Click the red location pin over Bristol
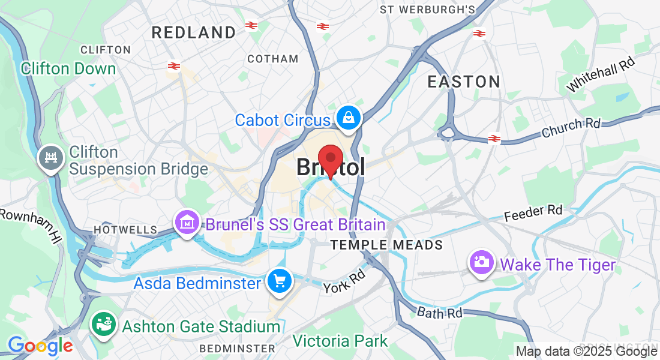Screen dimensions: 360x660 [329, 158]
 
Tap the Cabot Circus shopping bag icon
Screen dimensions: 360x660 [348, 118]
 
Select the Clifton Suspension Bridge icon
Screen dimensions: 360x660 [50, 158]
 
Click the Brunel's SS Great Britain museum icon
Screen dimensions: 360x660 [187, 223]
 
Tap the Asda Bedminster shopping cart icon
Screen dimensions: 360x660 [279, 280]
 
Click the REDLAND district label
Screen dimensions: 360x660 [194, 32]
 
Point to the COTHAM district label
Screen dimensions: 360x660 [273, 59]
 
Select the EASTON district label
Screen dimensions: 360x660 [464, 82]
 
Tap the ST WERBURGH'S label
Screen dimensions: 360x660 [428, 10]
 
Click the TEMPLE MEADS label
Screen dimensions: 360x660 [387, 245]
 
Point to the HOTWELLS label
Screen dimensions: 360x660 [125, 230]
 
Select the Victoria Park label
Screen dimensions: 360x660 [340, 341]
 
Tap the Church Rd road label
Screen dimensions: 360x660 [571, 127]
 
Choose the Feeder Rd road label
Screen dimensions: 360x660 [533, 212]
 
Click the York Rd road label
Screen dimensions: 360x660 [344, 281]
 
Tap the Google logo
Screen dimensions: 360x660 [40, 346]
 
